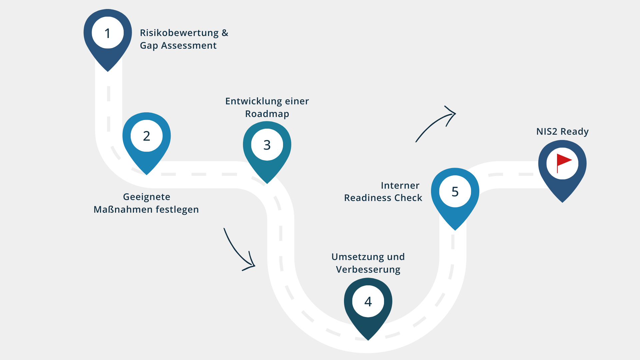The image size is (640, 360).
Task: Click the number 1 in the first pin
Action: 107,33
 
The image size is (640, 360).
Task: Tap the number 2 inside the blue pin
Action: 147,136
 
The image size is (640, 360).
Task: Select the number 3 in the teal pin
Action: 267,145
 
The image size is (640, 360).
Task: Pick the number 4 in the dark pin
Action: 368,302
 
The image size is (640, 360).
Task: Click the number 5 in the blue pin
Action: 455,192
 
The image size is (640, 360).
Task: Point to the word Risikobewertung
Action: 179,33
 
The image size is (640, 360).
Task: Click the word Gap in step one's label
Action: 149,46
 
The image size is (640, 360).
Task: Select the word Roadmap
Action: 267,114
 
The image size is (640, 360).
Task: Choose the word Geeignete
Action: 147,197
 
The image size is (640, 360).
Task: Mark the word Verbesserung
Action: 368,270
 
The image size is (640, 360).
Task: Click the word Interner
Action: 400,186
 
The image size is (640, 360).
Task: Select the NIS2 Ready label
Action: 562,132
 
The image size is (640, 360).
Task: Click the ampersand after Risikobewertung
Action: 225,33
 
